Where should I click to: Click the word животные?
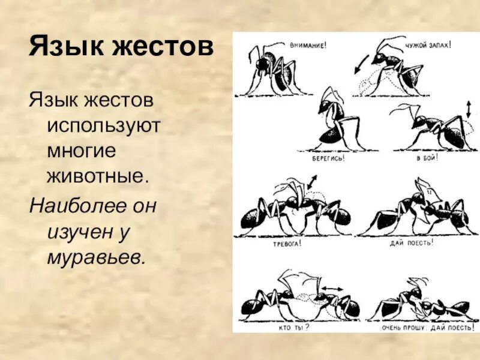tap(97, 177)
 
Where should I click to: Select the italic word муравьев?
tap(96, 257)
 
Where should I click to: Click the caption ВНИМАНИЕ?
tap(308, 45)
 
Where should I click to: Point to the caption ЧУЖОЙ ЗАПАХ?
tap(428, 44)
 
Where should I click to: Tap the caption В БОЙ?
tap(427, 158)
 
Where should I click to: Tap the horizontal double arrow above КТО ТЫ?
tap(331, 289)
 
